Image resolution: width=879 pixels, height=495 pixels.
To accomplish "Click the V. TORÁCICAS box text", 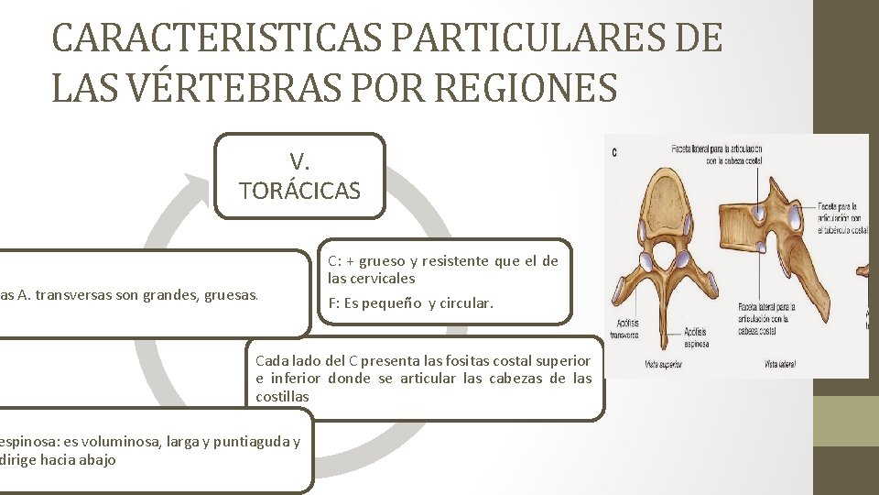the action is [x=299, y=177].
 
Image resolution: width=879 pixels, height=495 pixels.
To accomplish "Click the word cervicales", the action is [x=385, y=278].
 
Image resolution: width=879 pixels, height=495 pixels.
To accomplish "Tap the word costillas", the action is [x=283, y=396].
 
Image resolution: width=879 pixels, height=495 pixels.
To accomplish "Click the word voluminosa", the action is [x=115, y=442].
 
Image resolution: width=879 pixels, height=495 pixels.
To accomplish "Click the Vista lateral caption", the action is [x=780, y=365].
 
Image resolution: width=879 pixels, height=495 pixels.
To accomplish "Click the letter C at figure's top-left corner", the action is [x=613, y=152].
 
